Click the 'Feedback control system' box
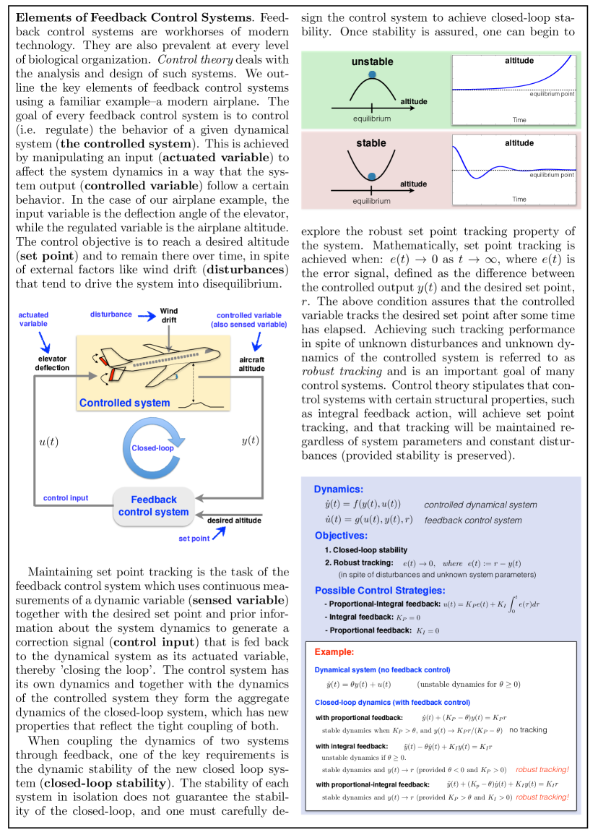pos(153,506)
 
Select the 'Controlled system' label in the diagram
pos(124,403)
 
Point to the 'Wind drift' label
pos(168,315)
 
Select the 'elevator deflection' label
pos(52,363)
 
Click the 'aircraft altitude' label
pos(251,364)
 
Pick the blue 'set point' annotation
pos(194,539)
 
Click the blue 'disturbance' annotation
pos(111,314)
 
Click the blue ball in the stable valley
pos(372,176)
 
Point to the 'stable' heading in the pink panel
pos(371,143)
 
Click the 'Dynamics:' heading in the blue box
pos(339,489)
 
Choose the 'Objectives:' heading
pos(341,536)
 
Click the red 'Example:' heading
pos(334,651)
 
